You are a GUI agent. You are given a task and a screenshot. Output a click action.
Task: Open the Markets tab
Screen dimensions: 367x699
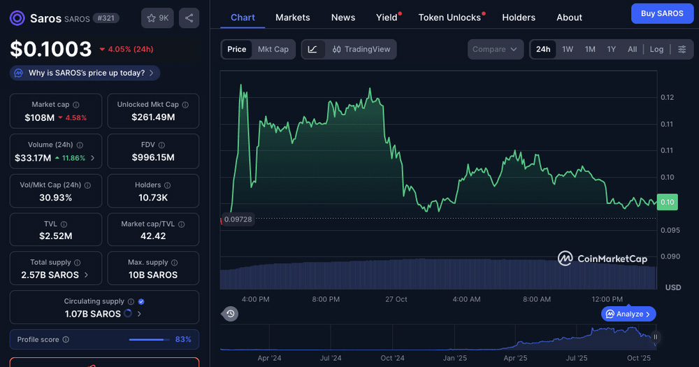coord(292,17)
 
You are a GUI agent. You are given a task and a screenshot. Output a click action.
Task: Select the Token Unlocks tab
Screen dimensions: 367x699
coord(449,17)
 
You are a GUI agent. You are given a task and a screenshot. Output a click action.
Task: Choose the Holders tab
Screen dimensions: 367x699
coord(519,17)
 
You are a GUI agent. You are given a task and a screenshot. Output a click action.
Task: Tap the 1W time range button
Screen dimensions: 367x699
coord(568,49)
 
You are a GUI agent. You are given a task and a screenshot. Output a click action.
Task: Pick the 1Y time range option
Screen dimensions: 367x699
coord(612,49)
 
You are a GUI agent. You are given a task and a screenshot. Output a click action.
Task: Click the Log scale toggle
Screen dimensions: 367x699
coord(656,49)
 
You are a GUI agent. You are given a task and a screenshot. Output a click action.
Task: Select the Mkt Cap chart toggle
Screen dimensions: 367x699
coord(273,49)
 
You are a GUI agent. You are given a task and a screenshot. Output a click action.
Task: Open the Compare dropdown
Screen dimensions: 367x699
coord(495,49)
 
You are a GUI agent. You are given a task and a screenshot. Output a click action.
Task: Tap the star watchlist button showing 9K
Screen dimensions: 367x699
coord(158,18)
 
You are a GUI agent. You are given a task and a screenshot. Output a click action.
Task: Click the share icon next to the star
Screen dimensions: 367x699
coord(189,18)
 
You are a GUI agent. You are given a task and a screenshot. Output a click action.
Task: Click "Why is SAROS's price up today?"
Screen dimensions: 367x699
coord(85,73)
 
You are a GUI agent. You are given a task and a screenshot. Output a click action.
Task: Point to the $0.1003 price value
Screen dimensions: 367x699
coord(51,49)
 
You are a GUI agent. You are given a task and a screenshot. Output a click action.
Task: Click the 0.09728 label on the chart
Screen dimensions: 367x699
coord(238,219)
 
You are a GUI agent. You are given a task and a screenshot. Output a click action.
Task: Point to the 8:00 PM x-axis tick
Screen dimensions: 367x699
coord(326,299)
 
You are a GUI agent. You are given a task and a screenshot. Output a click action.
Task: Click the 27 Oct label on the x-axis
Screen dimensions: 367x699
coord(396,299)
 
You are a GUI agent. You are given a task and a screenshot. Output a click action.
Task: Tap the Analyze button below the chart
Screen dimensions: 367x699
coord(628,314)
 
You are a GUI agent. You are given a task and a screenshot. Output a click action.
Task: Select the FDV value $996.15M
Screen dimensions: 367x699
coord(153,157)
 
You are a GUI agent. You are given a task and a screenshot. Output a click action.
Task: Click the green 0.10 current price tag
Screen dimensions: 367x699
coord(668,202)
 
